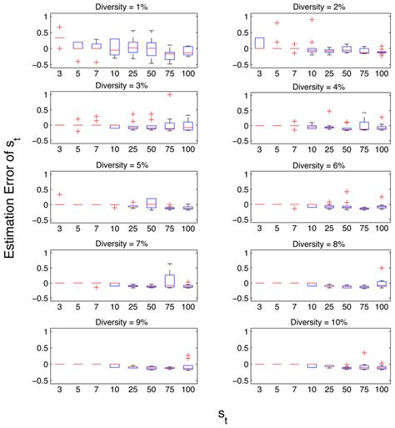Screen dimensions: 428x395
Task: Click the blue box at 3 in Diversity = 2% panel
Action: pyautogui.click(x=259, y=43)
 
